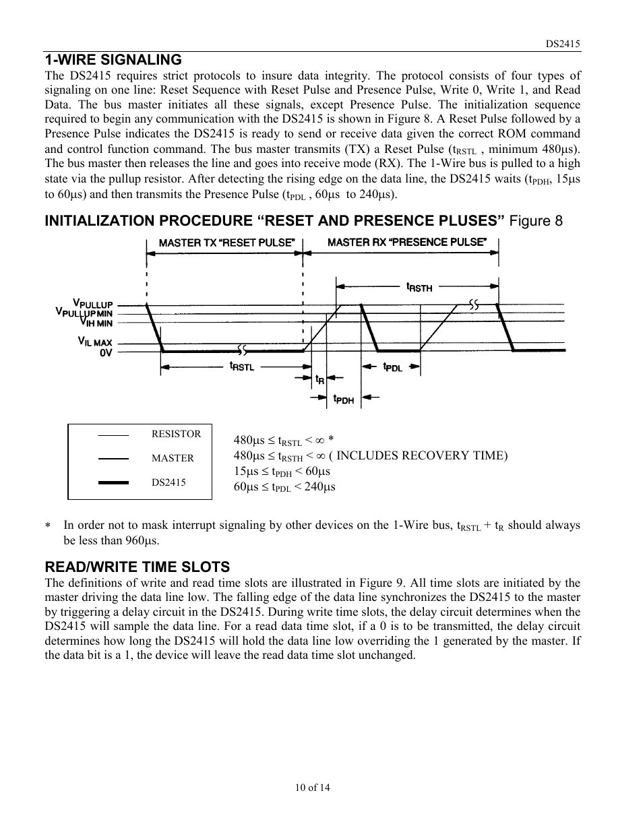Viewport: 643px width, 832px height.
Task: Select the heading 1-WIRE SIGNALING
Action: [113, 59]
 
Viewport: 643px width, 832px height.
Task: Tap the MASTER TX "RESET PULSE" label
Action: [226, 242]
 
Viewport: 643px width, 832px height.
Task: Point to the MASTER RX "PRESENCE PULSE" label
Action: [407, 242]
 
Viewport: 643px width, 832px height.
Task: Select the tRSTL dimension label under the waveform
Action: [242, 366]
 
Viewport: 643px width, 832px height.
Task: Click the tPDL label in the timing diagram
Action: [393, 366]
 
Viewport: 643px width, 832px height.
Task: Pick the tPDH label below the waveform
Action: [343, 399]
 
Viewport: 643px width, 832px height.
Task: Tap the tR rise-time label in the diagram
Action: [320, 380]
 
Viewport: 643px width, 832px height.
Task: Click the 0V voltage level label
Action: [106, 352]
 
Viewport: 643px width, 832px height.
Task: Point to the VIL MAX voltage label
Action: [94, 342]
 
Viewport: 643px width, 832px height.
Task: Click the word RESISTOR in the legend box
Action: [177, 434]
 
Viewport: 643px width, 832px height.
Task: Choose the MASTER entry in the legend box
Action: [173, 458]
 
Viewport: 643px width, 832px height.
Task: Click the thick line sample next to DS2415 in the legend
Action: [113, 482]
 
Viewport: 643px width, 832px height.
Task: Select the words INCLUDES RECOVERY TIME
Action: [421, 455]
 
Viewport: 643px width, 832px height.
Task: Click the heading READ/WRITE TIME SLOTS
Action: [137, 567]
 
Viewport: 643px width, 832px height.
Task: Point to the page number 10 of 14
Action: [312, 788]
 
